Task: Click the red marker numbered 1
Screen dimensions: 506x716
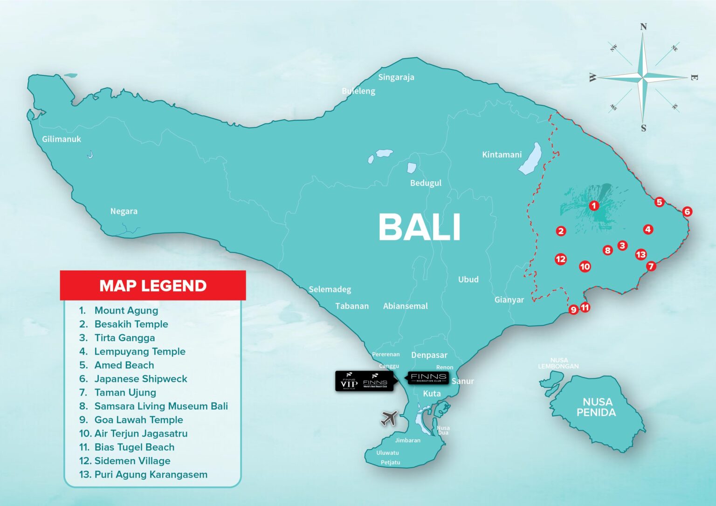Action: pos(593,205)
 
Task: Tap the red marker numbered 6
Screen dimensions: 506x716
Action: pos(687,212)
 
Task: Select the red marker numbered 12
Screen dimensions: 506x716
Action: pos(561,259)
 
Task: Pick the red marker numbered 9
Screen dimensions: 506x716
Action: pos(573,309)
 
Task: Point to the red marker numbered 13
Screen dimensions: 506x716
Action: pos(641,254)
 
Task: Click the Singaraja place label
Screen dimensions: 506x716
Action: pos(396,77)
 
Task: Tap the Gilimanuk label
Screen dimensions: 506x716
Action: pos(62,139)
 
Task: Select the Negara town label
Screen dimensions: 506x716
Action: pos(124,211)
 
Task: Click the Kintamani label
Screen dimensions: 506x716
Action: pos(502,155)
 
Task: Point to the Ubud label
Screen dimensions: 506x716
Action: pos(468,280)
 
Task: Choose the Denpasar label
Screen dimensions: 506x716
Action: pos(429,355)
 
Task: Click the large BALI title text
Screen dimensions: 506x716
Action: pos(420,227)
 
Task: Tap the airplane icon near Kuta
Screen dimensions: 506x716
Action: pos(389,418)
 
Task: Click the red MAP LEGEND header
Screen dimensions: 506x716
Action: pos(153,286)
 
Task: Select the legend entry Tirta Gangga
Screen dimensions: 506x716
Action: pos(124,338)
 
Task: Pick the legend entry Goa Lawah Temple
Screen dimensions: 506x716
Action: pos(138,420)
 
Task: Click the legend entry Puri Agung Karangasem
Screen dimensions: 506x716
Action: pos(151,474)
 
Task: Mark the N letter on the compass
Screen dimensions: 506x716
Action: pos(643,27)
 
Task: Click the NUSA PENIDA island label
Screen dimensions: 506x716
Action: pos(596,407)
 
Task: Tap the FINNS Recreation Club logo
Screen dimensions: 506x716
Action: pos(428,377)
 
